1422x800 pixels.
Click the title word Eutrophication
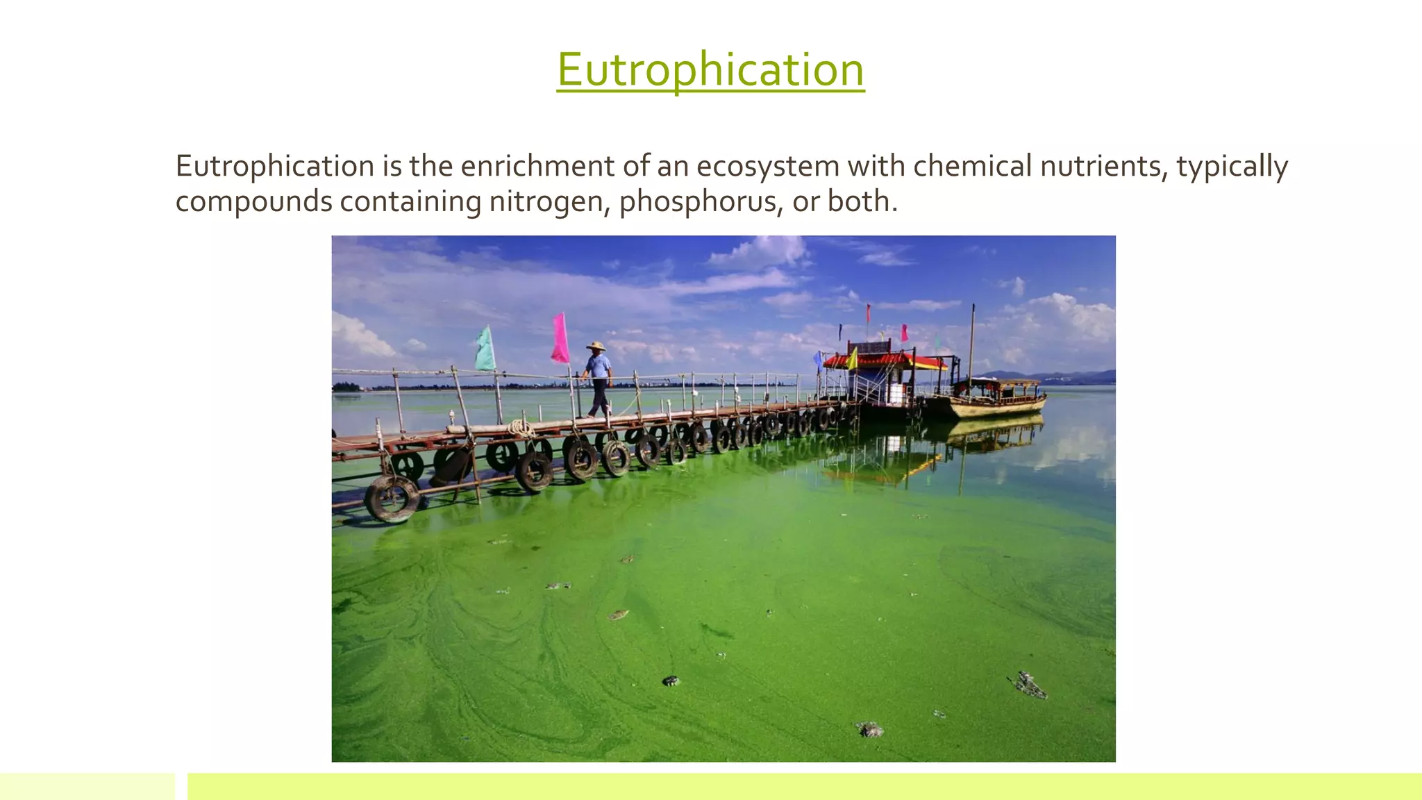pyautogui.click(x=710, y=69)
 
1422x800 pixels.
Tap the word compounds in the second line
pyautogui.click(x=253, y=201)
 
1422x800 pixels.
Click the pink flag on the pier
pyautogui.click(x=560, y=338)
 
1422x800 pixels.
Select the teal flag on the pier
pyautogui.click(x=485, y=349)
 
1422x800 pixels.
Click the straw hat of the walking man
pyautogui.click(x=596, y=346)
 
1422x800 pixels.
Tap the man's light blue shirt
pyautogui.click(x=598, y=366)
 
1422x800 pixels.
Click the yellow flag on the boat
pyautogui.click(x=852, y=359)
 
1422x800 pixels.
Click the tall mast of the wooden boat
pyautogui.click(x=972, y=340)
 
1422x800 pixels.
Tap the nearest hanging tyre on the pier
pyautogui.click(x=392, y=498)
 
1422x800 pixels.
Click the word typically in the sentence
pyautogui.click(x=1232, y=167)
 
